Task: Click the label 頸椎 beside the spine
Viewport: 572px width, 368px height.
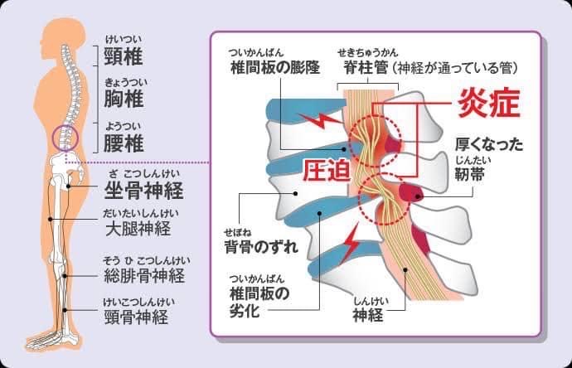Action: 124,56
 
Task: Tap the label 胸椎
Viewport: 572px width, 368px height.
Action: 124,99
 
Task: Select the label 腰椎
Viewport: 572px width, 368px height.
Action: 124,143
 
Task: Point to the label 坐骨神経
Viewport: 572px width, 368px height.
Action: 143,190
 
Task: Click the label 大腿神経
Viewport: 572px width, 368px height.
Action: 138,229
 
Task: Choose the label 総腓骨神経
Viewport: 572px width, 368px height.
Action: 144,275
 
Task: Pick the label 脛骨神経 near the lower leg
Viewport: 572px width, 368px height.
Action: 136,317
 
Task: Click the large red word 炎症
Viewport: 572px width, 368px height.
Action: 489,103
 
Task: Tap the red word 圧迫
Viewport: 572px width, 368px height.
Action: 327,171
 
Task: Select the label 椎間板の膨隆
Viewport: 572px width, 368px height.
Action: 275,67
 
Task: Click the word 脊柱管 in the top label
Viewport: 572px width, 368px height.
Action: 366,68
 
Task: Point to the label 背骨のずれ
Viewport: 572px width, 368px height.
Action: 261,246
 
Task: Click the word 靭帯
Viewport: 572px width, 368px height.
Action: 469,173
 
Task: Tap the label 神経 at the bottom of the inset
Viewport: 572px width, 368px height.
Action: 368,314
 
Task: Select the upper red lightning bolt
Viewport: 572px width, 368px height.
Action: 320,119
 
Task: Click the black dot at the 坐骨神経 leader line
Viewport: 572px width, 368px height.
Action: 68,186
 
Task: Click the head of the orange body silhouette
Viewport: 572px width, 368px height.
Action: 65,35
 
